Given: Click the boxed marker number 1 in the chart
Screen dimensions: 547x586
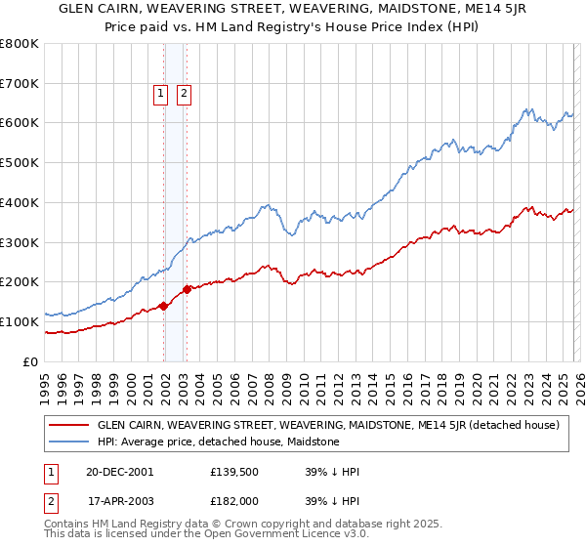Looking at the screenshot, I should [160, 94].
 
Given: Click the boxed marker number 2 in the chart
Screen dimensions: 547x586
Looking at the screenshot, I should [184, 94].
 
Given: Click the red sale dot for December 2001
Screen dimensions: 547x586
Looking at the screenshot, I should [163, 306].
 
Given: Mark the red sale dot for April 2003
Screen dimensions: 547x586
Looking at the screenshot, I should [187, 289].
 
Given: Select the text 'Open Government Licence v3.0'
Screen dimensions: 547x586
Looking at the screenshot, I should [292, 535].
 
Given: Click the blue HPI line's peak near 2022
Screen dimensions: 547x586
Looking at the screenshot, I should [526, 108].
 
